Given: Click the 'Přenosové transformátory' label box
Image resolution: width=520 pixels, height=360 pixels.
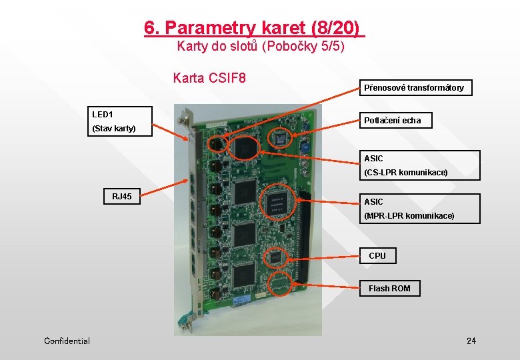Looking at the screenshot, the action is pyautogui.click(x=413, y=87).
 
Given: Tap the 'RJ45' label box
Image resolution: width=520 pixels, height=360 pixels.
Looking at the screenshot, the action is pyautogui.click(x=122, y=197).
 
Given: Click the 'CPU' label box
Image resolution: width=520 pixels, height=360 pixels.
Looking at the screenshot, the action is pyautogui.click(x=377, y=255).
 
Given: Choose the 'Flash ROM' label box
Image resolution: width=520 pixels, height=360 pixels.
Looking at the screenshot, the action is pyautogui.click(x=390, y=288).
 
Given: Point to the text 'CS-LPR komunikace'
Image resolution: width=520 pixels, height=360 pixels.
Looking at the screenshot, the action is pyautogui.click(x=405, y=173).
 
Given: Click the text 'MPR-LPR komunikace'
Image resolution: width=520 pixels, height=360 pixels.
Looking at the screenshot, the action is pyautogui.click(x=409, y=216).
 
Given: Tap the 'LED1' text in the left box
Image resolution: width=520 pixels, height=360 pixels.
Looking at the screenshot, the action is pyautogui.click(x=103, y=115).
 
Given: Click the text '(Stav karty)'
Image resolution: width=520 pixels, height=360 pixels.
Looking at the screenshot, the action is pyautogui.click(x=113, y=128).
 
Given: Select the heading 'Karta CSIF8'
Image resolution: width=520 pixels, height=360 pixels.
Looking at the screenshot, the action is pyautogui.click(x=209, y=79).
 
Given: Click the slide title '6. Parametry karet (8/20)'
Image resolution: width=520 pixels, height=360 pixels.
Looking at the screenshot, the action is pyautogui.click(x=255, y=28).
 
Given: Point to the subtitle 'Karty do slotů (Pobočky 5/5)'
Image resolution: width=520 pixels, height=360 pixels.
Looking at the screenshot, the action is pyautogui.click(x=261, y=47).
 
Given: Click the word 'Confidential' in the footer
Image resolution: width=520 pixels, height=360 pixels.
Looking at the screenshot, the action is pyautogui.click(x=67, y=341).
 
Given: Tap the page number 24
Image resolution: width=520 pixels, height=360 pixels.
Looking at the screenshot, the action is pyautogui.click(x=471, y=341).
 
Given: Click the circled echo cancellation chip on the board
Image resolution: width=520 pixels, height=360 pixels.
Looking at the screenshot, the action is pyautogui.click(x=279, y=139).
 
